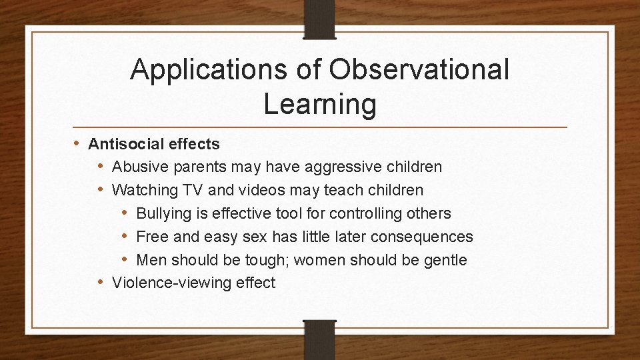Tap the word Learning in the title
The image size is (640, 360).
(x=319, y=104)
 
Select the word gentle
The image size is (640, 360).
(x=445, y=260)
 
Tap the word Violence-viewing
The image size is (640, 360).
(x=172, y=283)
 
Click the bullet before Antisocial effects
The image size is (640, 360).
(x=79, y=143)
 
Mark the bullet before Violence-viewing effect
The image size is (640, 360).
(x=101, y=283)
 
